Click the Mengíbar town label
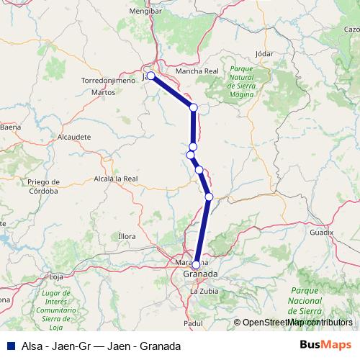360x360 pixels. pos(145,12)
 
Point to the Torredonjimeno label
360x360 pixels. pos(109,81)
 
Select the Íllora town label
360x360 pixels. pos(126,236)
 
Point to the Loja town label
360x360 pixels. pos(55,276)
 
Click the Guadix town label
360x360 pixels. pos(322,233)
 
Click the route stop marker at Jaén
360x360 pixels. pos(150,76)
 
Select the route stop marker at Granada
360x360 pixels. pos(196,264)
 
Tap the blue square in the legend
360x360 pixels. pos(8,346)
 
